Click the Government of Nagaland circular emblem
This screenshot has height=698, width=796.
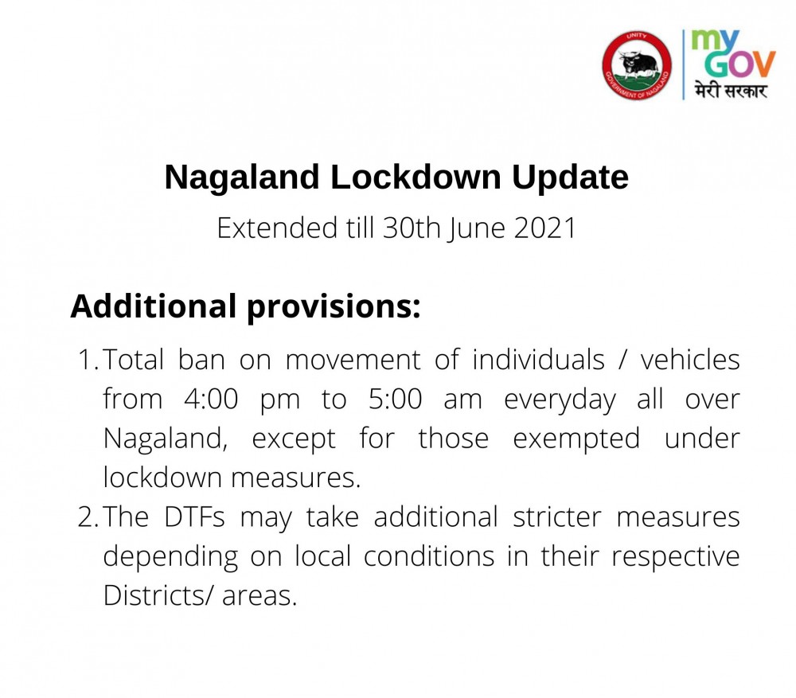pyautogui.click(x=637, y=65)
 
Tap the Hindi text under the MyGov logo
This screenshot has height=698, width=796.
pyautogui.click(x=730, y=89)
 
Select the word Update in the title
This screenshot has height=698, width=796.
pyautogui.click(x=570, y=177)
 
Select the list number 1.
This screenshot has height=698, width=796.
pyautogui.click(x=87, y=361)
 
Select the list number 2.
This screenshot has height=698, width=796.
pyautogui.click(x=87, y=518)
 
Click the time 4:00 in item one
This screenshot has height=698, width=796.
pyautogui.click(x=211, y=400)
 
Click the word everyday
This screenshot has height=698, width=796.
pyautogui.click(x=560, y=400)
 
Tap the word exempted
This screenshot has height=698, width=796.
pyautogui.click(x=576, y=439)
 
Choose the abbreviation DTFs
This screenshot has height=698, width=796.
pyautogui.click(x=194, y=518)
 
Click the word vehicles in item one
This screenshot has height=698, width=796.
pyautogui.click(x=690, y=361)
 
